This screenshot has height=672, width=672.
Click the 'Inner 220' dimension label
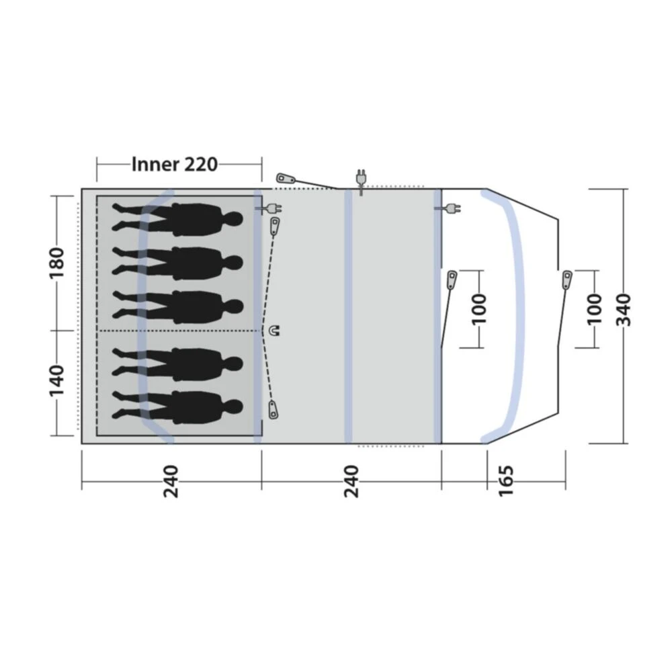pyautogui.click(x=175, y=163)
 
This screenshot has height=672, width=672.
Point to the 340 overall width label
pyautogui.click(x=625, y=309)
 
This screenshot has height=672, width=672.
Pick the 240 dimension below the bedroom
pyautogui.click(x=172, y=480)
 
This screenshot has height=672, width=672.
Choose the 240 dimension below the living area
pyautogui.click(x=351, y=480)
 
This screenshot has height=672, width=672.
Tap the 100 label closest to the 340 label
pyautogui.click(x=594, y=308)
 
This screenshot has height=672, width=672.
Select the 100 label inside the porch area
pyautogui.click(x=479, y=308)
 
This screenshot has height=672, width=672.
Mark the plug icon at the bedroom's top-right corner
pyautogui.click(x=266, y=208)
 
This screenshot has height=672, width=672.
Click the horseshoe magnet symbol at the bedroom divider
pyautogui.click(x=274, y=331)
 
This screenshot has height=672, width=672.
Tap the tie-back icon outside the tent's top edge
pyautogui.click(x=286, y=179)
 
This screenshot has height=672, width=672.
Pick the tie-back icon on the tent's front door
pyautogui.click(x=567, y=279)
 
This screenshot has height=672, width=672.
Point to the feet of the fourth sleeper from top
pyautogui.click(x=121, y=364)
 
